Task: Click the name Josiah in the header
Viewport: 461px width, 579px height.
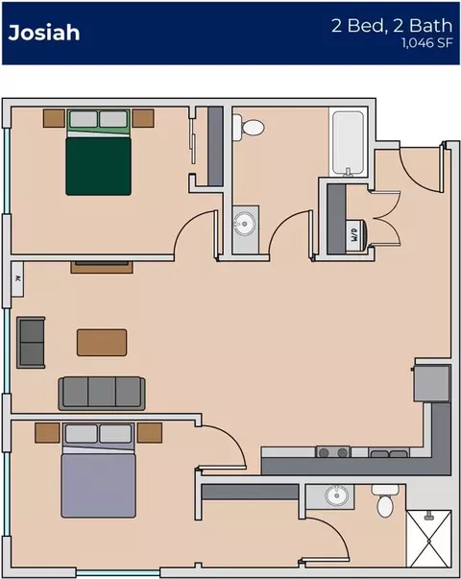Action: pos(44,33)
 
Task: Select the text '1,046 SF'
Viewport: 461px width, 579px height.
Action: pos(427,43)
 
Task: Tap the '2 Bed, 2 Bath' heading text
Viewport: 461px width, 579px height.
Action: pos(392,25)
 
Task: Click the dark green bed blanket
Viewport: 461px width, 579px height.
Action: pos(98,166)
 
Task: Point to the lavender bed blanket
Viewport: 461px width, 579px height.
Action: pos(98,486)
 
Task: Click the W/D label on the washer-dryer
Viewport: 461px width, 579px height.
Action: pos(354,234)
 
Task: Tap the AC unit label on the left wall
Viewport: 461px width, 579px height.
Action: pos(16,278)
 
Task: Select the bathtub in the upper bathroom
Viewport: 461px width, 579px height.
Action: pos(348,142)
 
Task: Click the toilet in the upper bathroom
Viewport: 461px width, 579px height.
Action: pos(248,127)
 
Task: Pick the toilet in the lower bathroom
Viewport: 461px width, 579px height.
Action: pos(385,501)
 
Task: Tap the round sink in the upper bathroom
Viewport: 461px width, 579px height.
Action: pos(244,224)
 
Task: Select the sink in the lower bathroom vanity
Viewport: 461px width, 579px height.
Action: pos(336,495)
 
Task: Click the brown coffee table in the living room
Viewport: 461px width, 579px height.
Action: pos(102,343)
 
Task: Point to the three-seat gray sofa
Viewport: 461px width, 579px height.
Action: pos(102,394)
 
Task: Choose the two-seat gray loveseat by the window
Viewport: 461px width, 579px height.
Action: pos(31,342)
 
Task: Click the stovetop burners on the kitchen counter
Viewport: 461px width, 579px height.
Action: pos(333,452)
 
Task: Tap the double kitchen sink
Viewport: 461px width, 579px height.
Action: pos(389,452)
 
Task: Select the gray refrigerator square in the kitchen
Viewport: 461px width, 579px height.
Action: pos(432,383)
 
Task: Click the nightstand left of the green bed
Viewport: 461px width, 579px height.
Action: pos(54,118)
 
